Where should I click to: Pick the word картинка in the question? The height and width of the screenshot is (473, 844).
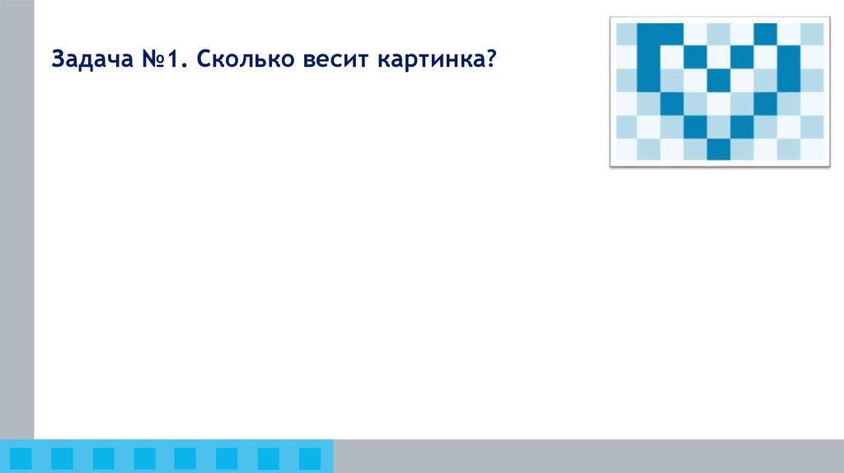421,60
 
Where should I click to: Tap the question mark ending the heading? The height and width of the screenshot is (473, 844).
490,60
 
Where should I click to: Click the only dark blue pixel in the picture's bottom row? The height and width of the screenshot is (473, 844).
720,149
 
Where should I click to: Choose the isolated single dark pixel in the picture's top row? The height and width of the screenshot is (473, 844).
766,34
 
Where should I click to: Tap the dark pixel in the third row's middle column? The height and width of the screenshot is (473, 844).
720,80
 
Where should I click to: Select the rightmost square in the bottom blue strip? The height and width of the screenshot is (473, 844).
310,457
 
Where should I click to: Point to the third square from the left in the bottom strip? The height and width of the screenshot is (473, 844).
103,457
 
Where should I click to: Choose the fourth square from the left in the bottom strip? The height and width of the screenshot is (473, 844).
144,457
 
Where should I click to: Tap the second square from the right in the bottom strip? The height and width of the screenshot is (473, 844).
269,457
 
